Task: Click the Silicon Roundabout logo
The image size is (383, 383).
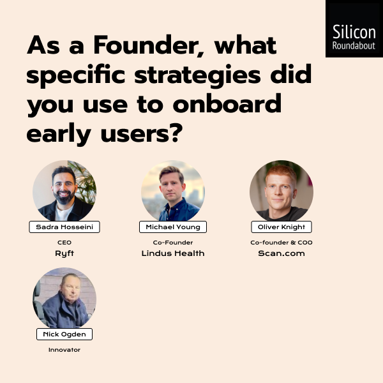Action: tap(354, 29)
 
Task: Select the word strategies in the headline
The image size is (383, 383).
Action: tap(198, 75)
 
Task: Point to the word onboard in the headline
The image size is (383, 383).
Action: tap(227, 104)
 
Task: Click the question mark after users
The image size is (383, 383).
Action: tap(177, 133)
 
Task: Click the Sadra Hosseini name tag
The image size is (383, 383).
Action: tap(64, 227)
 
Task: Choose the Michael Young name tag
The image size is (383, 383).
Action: tap(173, 227)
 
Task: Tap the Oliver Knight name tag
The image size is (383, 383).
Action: tap(282, 227)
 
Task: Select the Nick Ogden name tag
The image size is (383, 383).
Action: tap(64, 334)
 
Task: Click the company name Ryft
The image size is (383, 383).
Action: tap(64, 253)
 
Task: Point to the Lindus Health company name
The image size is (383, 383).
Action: tap(173, 253)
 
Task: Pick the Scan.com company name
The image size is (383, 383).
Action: tap(282, 253)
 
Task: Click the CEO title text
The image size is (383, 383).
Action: tap(64, 243)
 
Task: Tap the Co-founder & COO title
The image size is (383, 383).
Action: tap(282, 243)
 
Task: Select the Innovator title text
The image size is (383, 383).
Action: tap(64, 350)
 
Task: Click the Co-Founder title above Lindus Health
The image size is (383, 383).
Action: tap(173, 243)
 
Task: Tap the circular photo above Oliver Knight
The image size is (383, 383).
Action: tap(282, 190)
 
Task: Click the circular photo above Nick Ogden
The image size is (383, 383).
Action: tap(64, 297)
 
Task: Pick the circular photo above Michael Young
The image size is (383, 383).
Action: tap(173, 190)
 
